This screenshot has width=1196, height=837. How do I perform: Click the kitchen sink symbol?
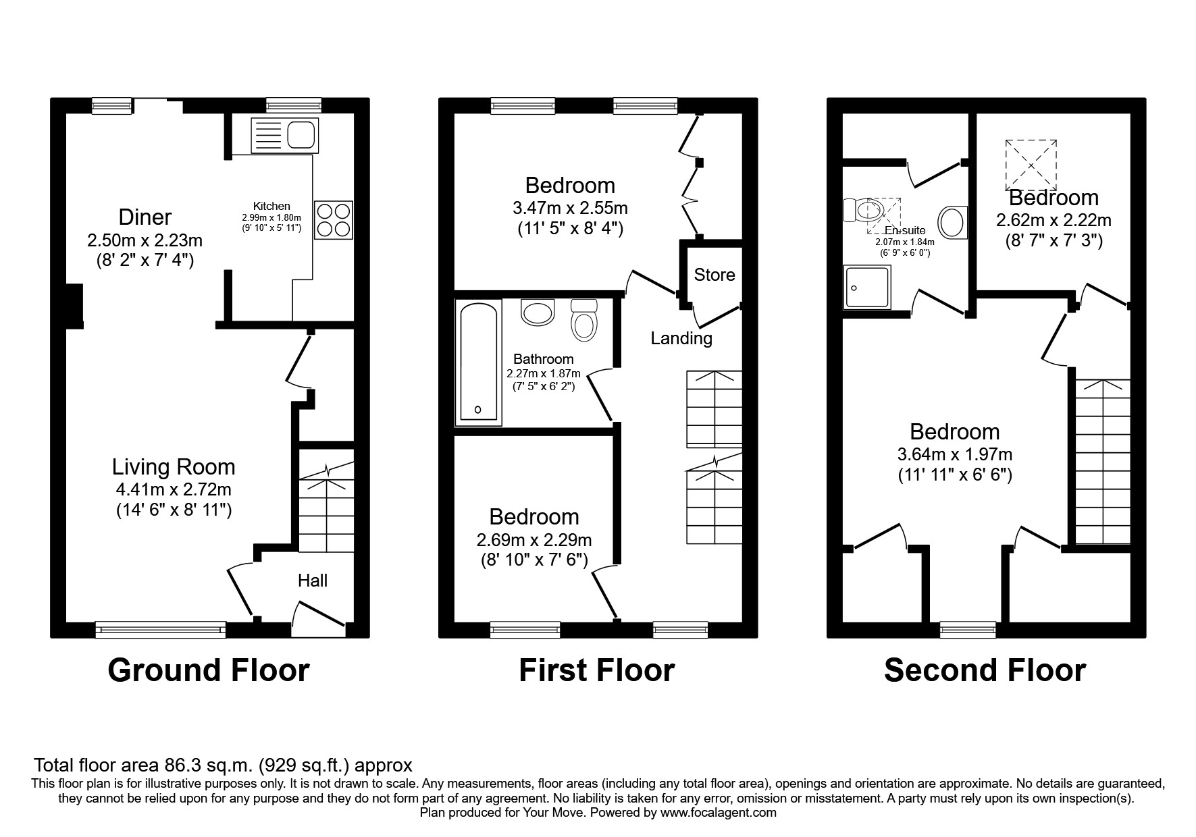coord(284,135)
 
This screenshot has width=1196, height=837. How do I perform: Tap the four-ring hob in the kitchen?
coord(334,220)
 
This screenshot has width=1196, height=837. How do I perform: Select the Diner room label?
coord(145,217)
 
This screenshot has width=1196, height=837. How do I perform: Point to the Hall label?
coord(313,580)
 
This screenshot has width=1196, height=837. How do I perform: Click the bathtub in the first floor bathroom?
coord(479,363)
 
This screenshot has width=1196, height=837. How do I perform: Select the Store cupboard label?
coord(714,275)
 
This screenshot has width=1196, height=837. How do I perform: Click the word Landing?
coord(681,338)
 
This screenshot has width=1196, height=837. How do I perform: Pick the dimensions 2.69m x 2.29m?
coord(534,540)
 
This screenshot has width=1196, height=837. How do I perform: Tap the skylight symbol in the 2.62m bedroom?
coord(1031,165)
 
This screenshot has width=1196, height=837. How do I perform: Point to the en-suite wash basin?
coord(952,221)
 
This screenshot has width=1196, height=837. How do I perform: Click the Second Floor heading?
coord(985,670)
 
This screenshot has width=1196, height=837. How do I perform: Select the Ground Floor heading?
coord(209,670)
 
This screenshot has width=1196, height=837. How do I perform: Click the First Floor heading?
coord(596,670)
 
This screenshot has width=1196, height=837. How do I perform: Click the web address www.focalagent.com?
coord(718,813)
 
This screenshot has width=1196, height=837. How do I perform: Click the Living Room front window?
coord(161,630)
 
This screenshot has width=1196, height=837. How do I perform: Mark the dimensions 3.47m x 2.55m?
coord(570,208)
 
